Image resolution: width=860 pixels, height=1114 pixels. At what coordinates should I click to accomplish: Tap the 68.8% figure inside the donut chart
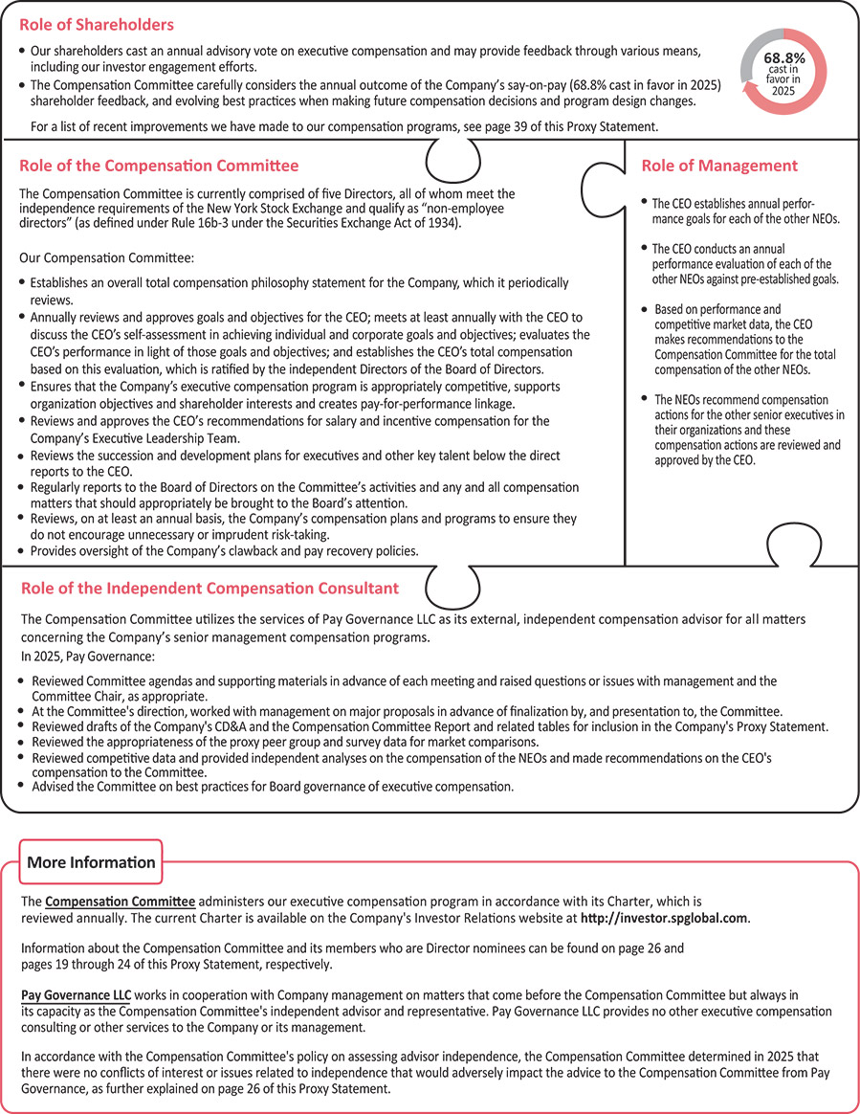coord(783,57)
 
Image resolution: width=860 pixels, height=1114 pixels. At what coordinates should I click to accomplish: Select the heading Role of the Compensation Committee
coord(159,166)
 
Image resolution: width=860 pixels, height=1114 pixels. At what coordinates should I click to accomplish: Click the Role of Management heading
coord(718,166)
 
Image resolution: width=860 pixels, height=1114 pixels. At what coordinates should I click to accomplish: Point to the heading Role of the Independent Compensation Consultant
coord(209,588)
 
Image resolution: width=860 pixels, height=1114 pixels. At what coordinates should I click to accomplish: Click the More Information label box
coord(91,862)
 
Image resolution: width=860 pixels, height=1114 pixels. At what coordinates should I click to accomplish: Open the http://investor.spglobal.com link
coord(664,919)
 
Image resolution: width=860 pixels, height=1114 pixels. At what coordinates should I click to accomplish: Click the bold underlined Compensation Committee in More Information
coord(121,902)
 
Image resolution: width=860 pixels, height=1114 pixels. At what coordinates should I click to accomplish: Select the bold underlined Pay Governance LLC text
coord(76,994)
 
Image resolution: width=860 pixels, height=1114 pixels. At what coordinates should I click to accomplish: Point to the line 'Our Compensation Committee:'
coord(107,257)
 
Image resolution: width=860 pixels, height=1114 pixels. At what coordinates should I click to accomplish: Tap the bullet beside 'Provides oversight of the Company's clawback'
coord(23,551)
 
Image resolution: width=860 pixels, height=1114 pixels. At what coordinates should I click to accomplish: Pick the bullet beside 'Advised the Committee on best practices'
coord(23,785)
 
